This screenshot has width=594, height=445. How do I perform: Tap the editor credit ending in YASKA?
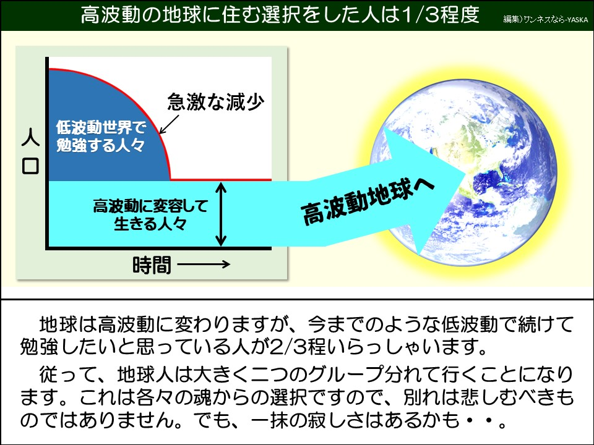tap(545, 19)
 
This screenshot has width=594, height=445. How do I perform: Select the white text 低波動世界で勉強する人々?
tap(100, 137)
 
